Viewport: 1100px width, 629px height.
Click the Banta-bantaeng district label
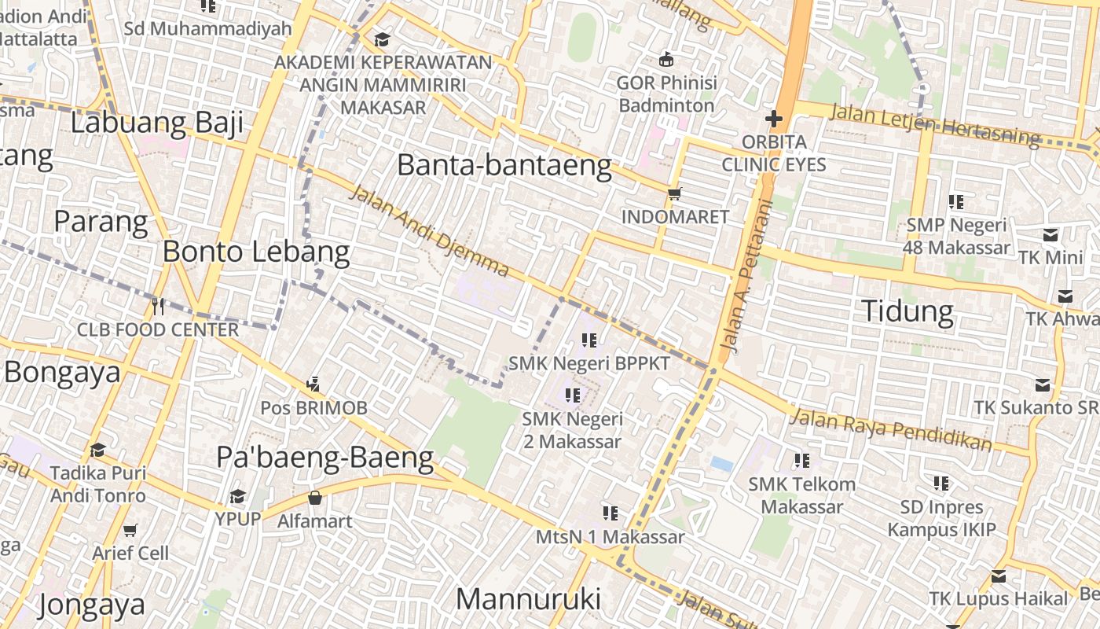(x=504, y=166)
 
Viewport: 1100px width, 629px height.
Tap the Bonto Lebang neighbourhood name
(x=256, y=252)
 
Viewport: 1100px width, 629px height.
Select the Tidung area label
(x=907, y=311)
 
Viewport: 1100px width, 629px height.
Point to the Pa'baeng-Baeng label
(x=324, y=457)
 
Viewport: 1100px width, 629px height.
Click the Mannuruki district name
(x=528, y=599)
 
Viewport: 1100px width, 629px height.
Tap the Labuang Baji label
(x=156, y=123)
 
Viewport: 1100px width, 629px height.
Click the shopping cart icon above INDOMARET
(x=674, y=193)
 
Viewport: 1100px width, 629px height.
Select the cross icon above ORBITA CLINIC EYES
(x=774, y=120)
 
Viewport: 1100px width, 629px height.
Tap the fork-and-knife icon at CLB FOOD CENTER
(x=158, y=306)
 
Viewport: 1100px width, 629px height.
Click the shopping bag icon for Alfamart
(x=314, y=498)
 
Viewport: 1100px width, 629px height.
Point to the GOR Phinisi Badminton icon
(x=666, y=59)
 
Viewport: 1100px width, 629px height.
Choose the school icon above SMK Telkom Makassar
(x=801, y=461)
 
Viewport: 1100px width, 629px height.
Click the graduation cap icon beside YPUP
(x=237, y=497)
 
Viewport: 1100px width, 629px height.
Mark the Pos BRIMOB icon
(x=313, y=384)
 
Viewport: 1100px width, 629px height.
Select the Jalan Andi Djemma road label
(x=428, y=231)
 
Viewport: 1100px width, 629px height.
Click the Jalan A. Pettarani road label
(x=746, y=275)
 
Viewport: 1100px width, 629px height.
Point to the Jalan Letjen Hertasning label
(x=934, y=124)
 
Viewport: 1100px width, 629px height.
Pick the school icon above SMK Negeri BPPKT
(x=588, y=340)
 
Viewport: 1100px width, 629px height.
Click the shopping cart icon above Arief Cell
(x=130, y=530)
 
